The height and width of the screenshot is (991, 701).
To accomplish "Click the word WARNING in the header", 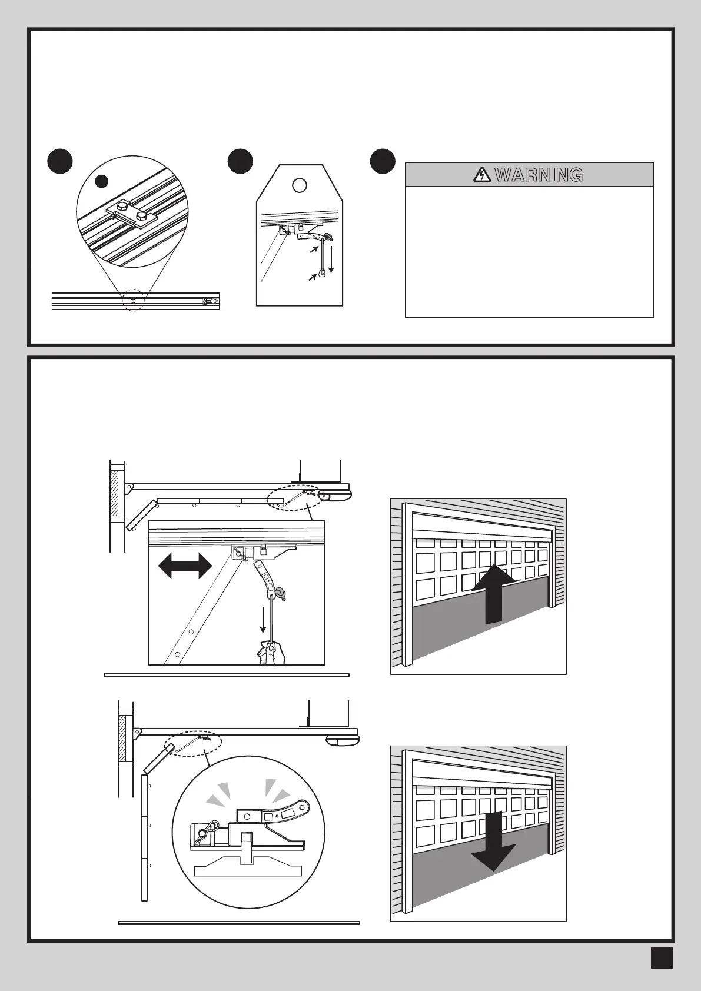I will coord(539,175).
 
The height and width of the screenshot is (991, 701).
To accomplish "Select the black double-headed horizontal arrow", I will coord(185,566).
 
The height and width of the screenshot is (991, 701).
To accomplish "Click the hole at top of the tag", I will coord(300,185).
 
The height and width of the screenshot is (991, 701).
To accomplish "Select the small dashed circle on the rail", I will coord(134,300).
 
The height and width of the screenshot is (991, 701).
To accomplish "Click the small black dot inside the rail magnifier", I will coord(102,181).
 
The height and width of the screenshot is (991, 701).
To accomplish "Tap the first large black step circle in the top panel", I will coord(60,161).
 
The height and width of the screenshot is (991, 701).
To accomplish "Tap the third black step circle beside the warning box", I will coord(383,161).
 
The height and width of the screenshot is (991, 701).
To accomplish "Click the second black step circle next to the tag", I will coord(240,161).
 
